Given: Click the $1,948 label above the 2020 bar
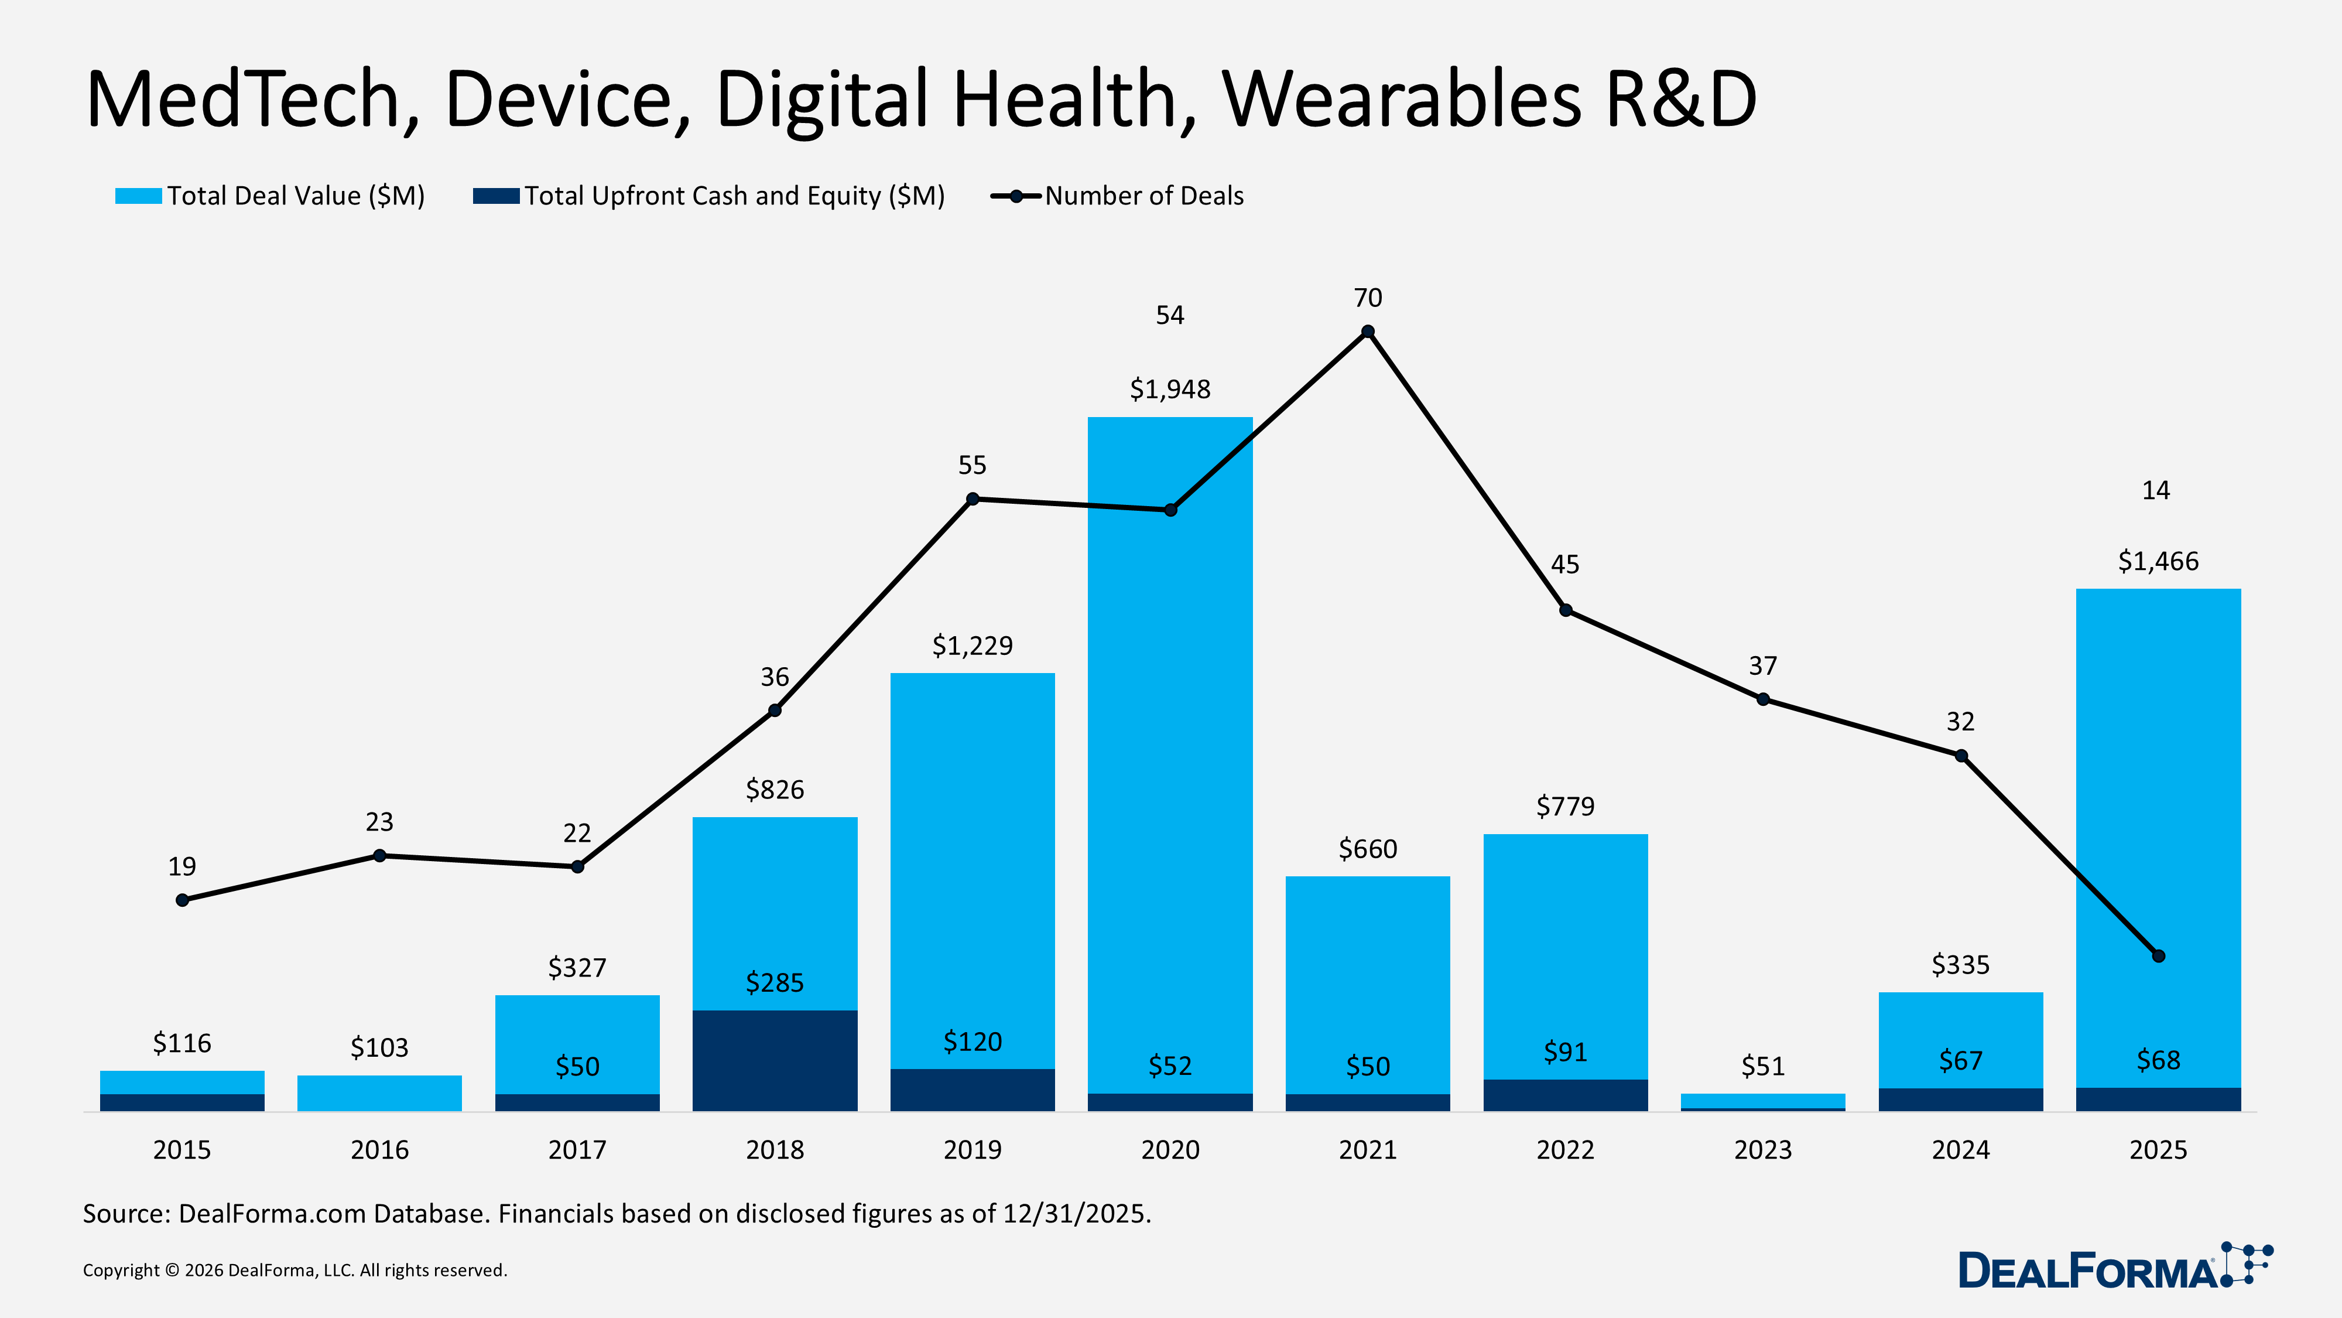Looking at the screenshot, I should [x=1170, y=390].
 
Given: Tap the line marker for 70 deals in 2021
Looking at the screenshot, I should [x=1367, y=332].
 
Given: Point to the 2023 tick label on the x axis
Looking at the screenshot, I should [x=1762, y=1150].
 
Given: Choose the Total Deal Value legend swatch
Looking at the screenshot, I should [x=138, y=196].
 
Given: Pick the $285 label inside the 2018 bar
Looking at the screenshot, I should [x=775, y=982].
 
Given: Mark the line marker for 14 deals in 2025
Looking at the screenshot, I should [x=2158, y=956].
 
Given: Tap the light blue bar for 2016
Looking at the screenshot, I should [x=379, y=1092].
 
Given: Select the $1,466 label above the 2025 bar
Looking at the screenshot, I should [x=2158, y=561].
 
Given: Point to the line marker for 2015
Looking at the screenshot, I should [x=183, y=900].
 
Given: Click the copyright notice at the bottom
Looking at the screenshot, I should [x=295, y=1270].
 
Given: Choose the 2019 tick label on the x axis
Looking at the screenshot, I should [x=972, y=1150].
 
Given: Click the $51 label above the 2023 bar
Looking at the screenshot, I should [x=1762, y=1066].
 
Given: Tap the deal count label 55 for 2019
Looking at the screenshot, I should [x=972, y=466].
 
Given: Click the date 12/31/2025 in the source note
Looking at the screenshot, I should [x=1076, y=1213].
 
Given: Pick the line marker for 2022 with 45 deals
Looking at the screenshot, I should [x=1564, y=610].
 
